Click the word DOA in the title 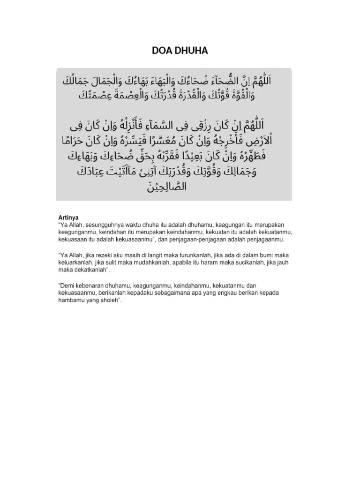coord(161,51)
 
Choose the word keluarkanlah coord(75,262)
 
